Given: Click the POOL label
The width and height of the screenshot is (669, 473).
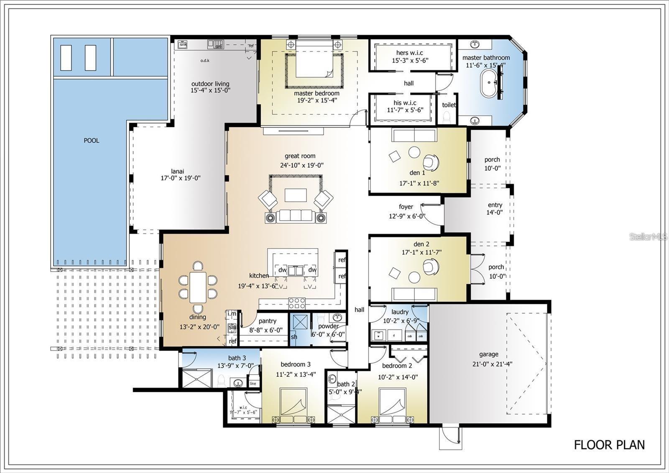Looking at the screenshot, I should [x=92, y=141].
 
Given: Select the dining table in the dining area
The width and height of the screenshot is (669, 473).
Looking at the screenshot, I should [x=198, y=287].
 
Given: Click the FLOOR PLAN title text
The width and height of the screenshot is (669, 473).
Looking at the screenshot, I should [x=609, y=445].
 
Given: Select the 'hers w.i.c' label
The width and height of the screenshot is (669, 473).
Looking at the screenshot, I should [x=409, y=53].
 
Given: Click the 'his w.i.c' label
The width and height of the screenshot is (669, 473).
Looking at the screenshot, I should [x=405, y=103].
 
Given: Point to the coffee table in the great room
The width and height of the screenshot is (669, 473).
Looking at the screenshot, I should [x=296, y=195].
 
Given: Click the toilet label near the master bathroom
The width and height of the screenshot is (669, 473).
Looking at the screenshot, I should [x=449, y=105].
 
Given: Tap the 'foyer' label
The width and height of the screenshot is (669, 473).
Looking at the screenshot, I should [x=406, y=207].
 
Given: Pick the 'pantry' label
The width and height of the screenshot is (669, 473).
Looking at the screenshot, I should [x=268, y=321].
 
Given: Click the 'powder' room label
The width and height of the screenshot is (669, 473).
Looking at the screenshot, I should [x=328, y=326].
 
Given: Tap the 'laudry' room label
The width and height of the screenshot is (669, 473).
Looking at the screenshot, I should [x=400, y=312].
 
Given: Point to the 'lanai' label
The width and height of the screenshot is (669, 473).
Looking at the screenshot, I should [x=177, y=171].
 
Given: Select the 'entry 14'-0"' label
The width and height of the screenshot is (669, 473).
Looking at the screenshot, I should [x=495, y=208].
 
